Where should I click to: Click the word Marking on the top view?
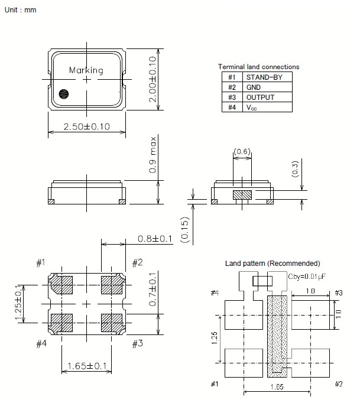click(x=86, y=70)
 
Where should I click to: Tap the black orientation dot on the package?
click(x=63, y=93)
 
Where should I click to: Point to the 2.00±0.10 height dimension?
click(x=152, y=80)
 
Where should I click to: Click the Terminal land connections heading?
click(x=258, y=67)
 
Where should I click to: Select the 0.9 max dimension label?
click(x=153, y=154)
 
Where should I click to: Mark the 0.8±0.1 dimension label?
click(x=155, y=239)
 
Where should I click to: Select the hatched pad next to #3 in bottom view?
click(x=111, y=323)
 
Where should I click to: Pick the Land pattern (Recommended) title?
click(x=273, y=263)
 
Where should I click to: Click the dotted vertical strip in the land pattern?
click(x=277, y=335)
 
